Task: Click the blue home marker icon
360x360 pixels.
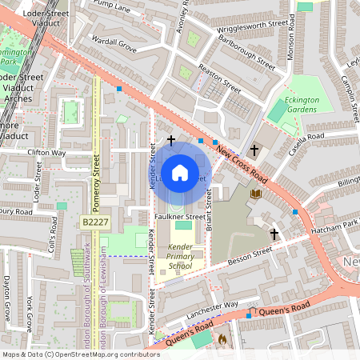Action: click(x=180, y=172)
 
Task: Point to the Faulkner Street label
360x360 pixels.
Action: click(x=180, y=216)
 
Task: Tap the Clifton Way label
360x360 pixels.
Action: click(x=46, y=152)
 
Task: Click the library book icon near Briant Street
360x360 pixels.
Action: click(x=256, y=194)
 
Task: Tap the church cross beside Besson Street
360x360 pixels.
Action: click(x=274, y=234)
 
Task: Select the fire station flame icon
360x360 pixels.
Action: click(x=222, y=339)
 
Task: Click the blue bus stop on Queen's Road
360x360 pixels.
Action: click(x=248, y=315)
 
